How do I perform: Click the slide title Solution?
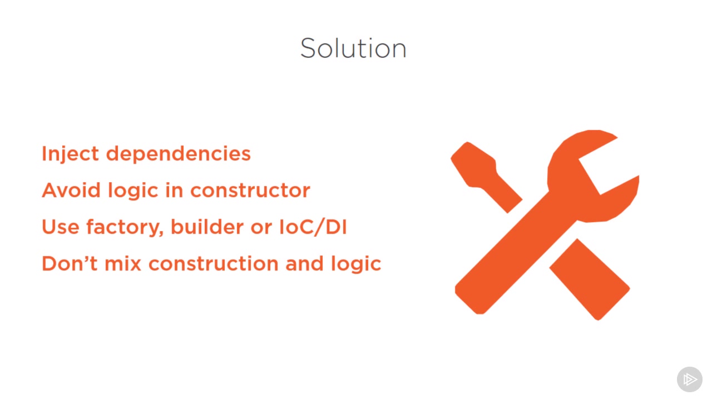[353, 48]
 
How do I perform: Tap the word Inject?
[70, 154]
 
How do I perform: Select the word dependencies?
[179, 154]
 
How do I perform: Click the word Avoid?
[71, 190]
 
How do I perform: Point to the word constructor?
[250, 191]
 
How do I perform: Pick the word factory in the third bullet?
[125, 228]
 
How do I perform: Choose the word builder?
[207, 227]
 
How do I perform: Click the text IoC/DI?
[313, 227]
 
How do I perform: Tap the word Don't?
[70, 263]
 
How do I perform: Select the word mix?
[123, 263]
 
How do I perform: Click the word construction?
[214, 264]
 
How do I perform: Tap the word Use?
[61, 227]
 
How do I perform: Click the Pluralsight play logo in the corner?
[689, 379]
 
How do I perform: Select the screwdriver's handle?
[590, 279]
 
